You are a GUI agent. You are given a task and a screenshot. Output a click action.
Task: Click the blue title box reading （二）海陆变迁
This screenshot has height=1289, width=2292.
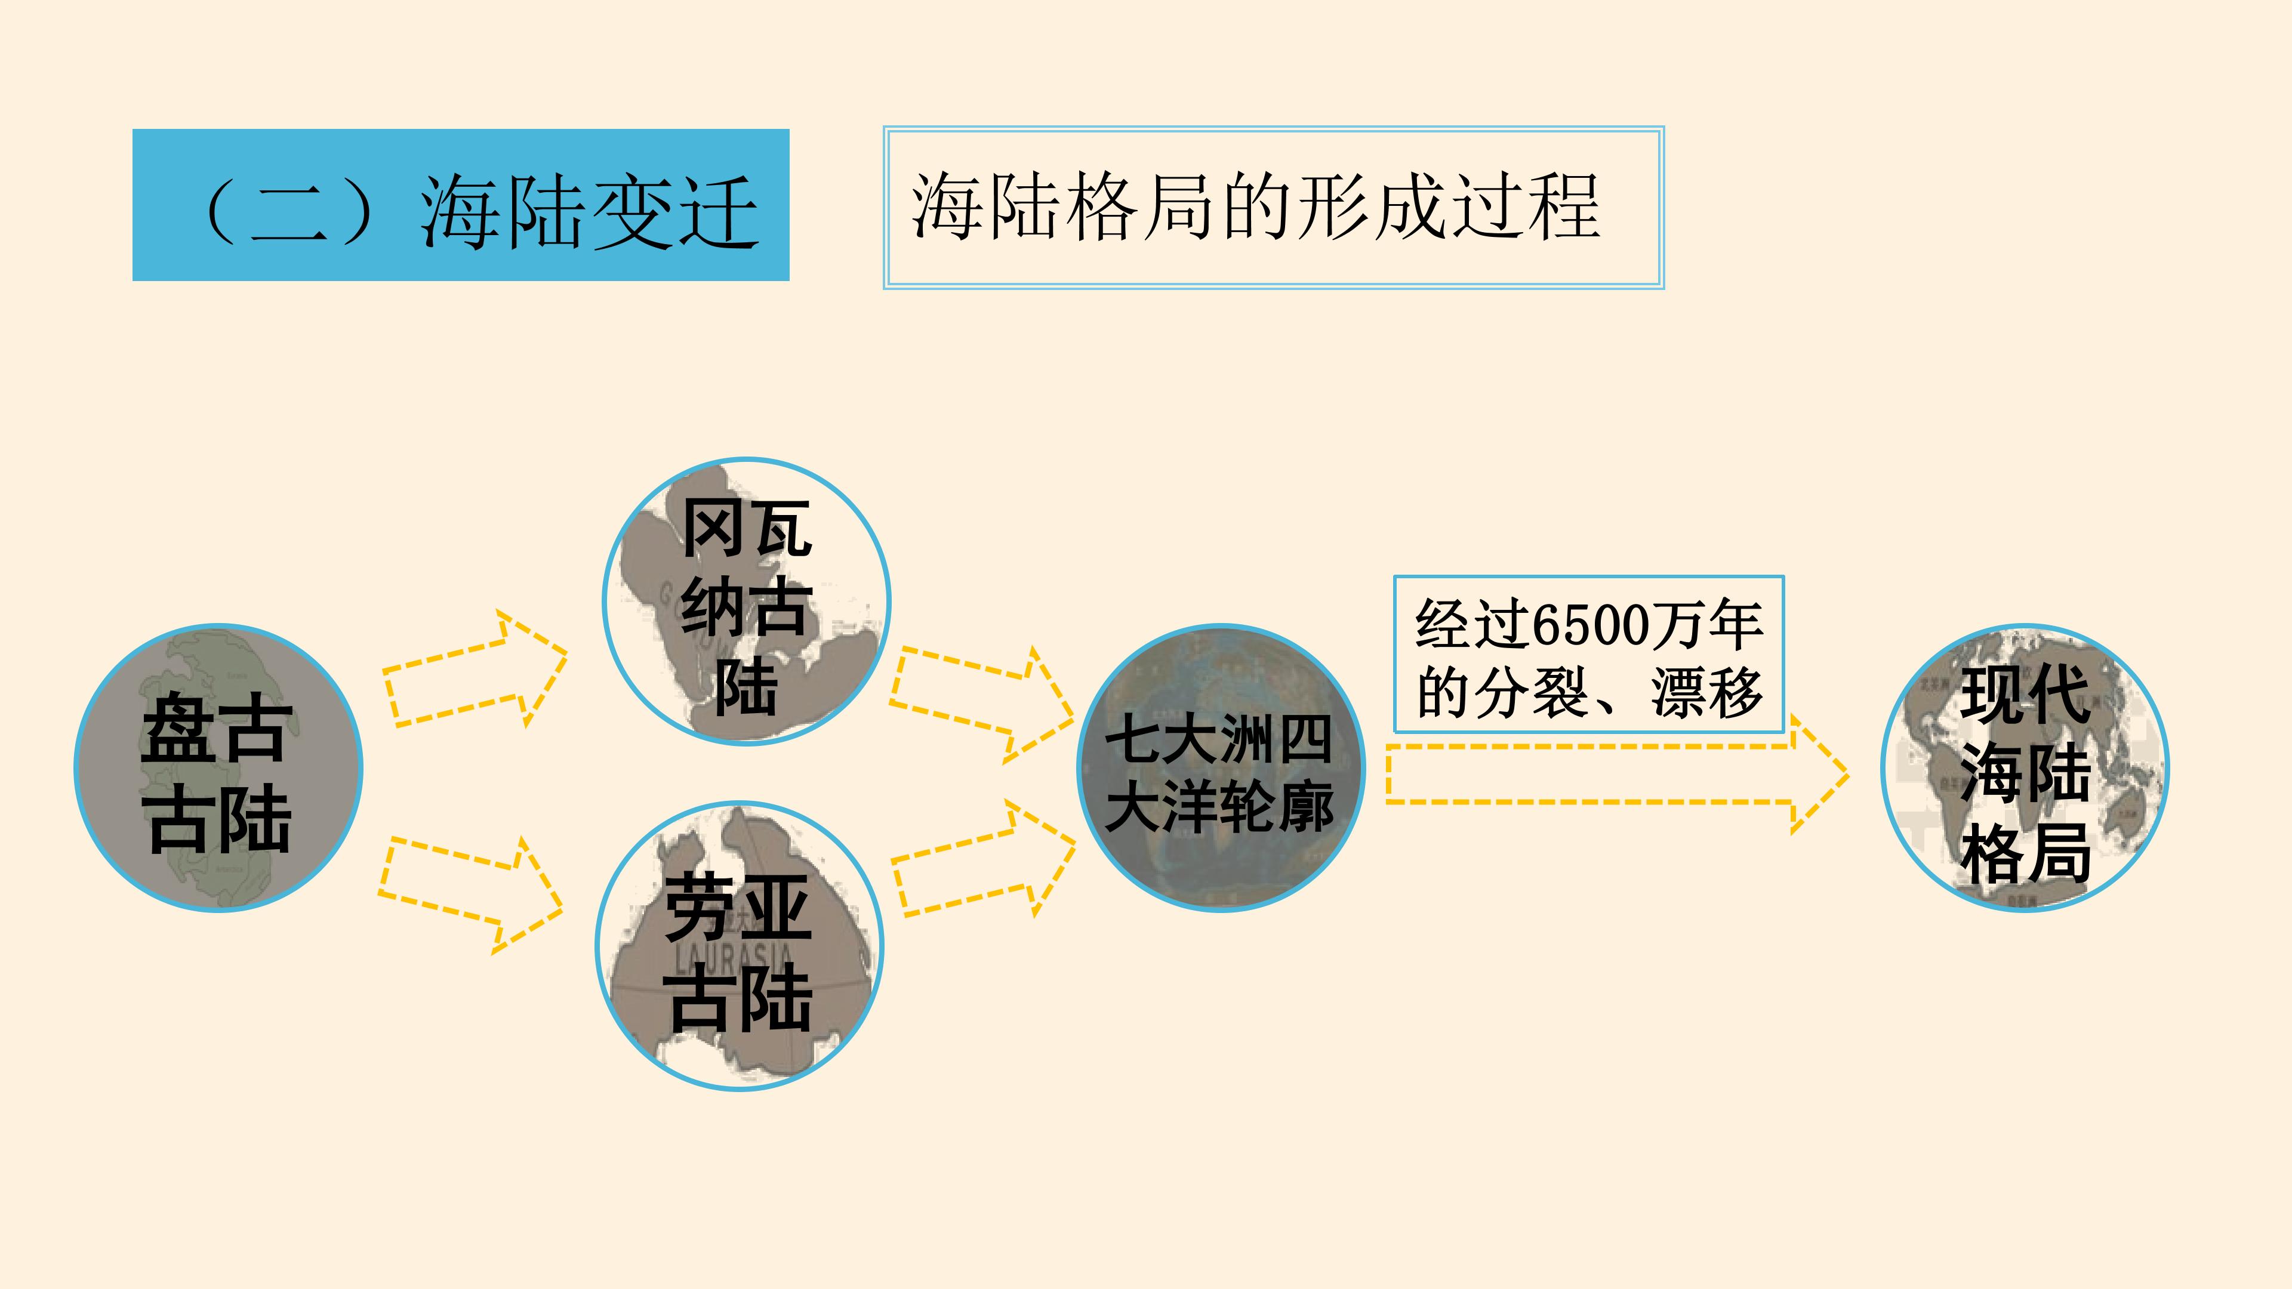pos(461,205)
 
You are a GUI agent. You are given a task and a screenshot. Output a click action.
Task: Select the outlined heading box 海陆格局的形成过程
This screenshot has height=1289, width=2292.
pos(1273,207)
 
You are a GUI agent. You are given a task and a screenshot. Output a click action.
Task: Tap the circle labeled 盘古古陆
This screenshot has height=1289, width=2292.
pos(218,767)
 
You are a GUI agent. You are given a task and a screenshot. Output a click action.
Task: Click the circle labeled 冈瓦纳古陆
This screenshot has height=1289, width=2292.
pos(747,602)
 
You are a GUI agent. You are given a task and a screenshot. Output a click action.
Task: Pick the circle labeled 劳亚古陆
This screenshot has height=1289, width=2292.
pos(740,946)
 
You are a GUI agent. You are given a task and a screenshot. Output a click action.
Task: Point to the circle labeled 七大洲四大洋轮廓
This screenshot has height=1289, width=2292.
pos(1221,767)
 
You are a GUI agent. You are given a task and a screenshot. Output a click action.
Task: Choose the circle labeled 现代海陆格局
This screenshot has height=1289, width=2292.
pos(2025,767)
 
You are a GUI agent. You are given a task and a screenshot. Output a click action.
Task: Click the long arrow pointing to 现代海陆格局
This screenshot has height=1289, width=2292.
pos(1618,774)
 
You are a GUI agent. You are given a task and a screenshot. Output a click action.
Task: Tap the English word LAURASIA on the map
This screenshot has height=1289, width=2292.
pos(733,957)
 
